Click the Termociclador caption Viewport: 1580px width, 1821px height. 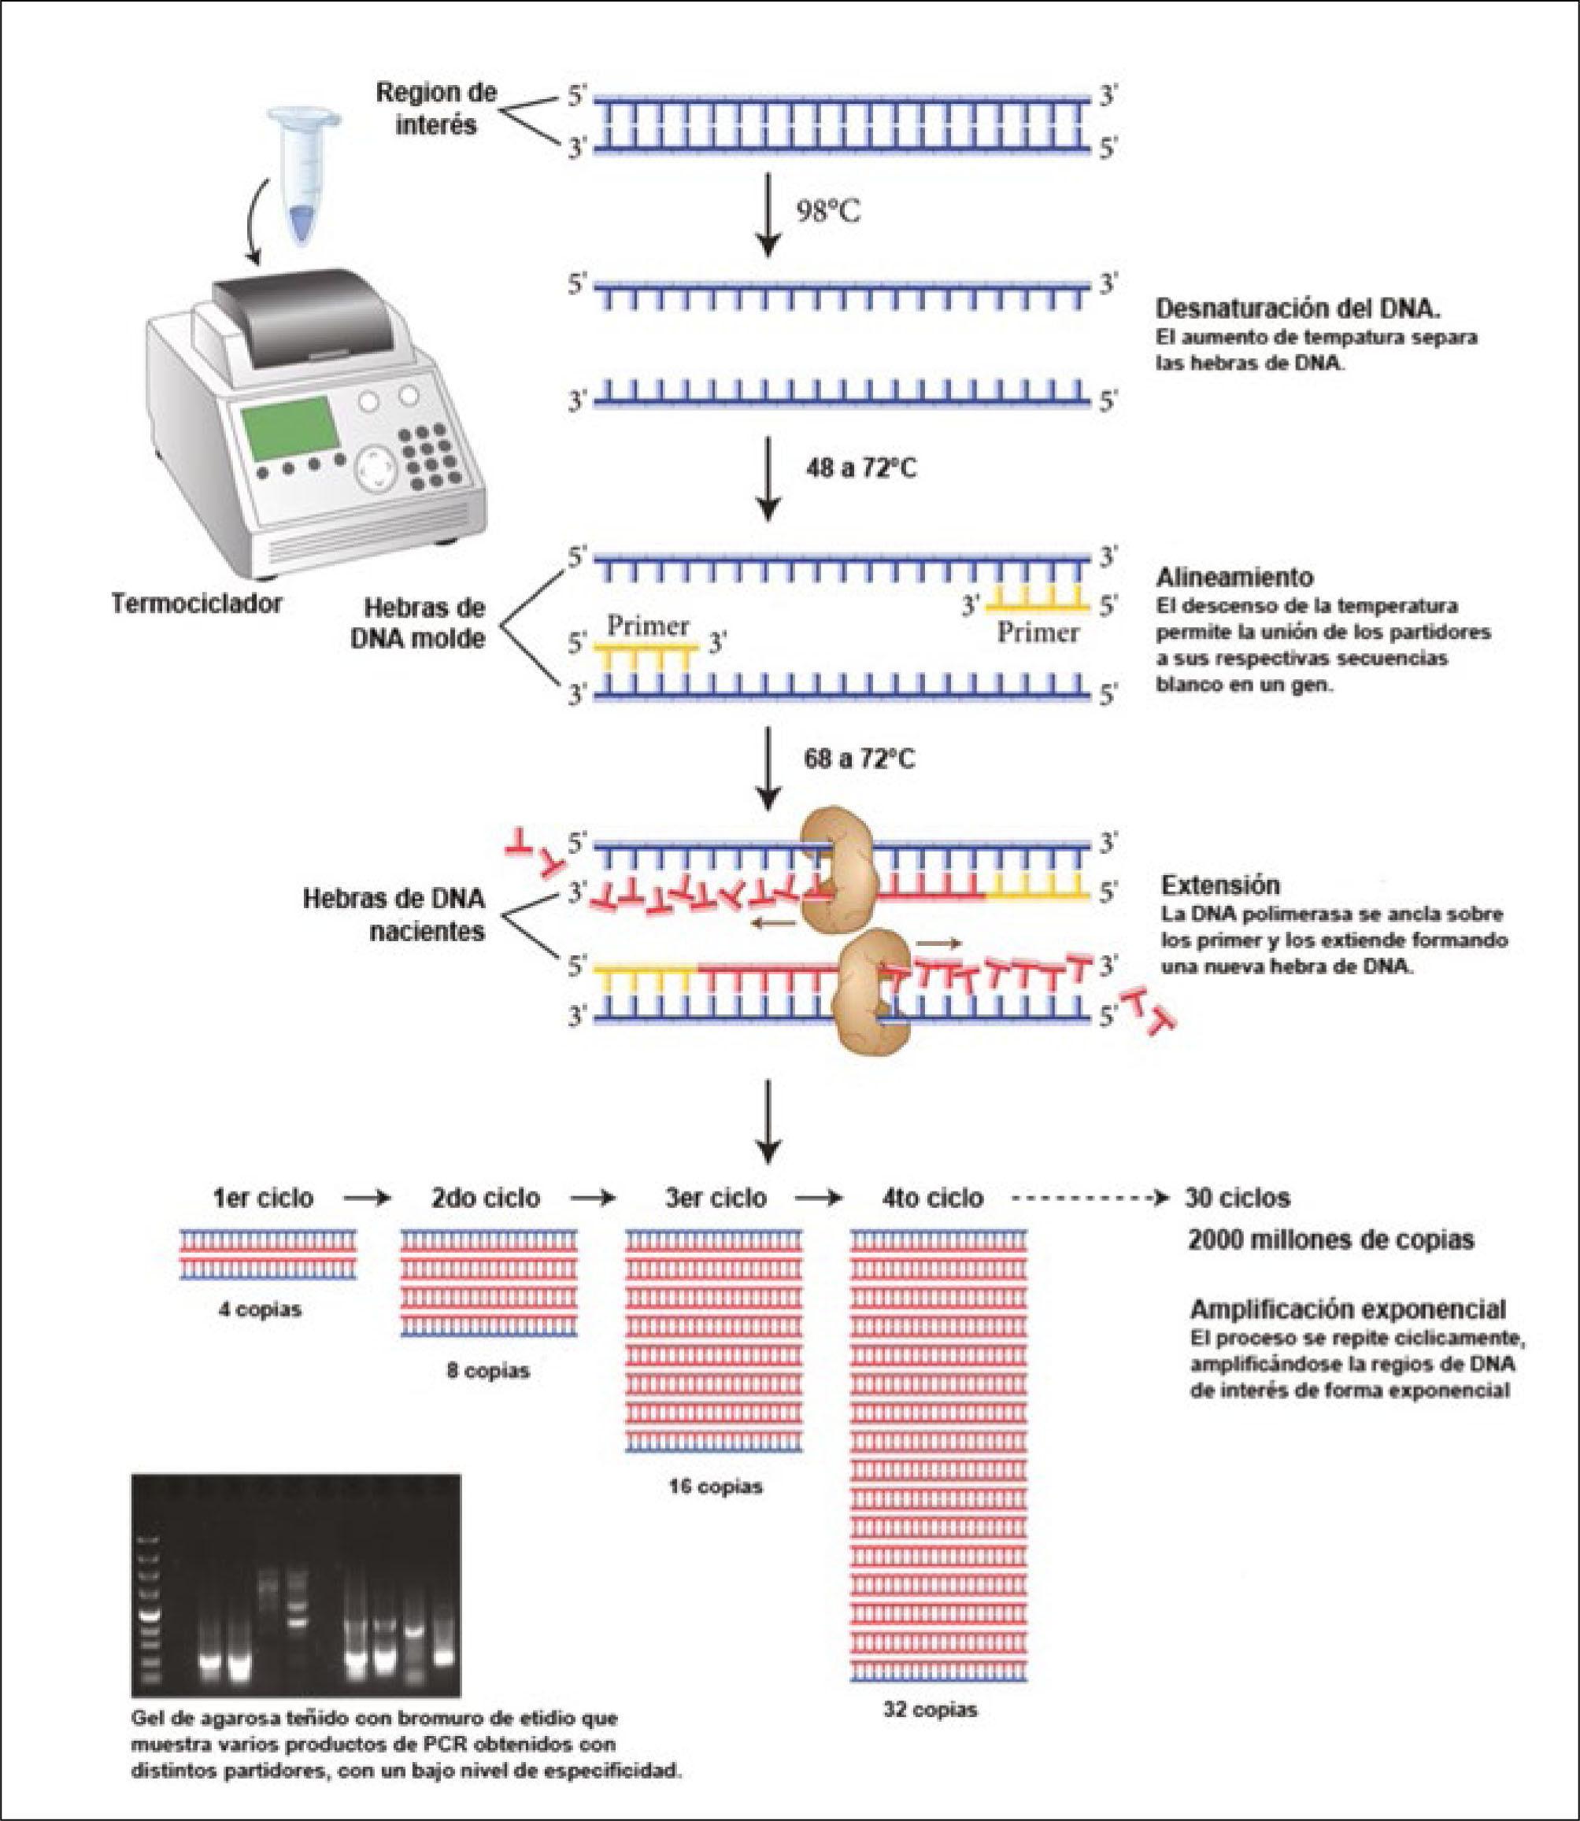[x=197, y=604]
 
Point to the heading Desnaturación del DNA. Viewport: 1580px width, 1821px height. [x=1298, y=308]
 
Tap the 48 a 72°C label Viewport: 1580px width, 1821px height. [x=860, y=469]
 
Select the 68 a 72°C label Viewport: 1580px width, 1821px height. [x=860, y=759]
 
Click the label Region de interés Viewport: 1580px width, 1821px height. [x=436, y=108]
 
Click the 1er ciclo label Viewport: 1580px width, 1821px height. [x=263, y=1198]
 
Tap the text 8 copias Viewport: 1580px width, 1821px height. [x=487, y=1371]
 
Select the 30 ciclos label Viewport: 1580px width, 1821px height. [x=1237, y=1198]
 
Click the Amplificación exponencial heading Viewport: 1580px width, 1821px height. [x=1348, y=1308]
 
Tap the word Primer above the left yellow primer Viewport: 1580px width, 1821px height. [x=648, y=626]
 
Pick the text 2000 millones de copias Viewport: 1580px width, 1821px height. [x=1330, y=1239]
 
